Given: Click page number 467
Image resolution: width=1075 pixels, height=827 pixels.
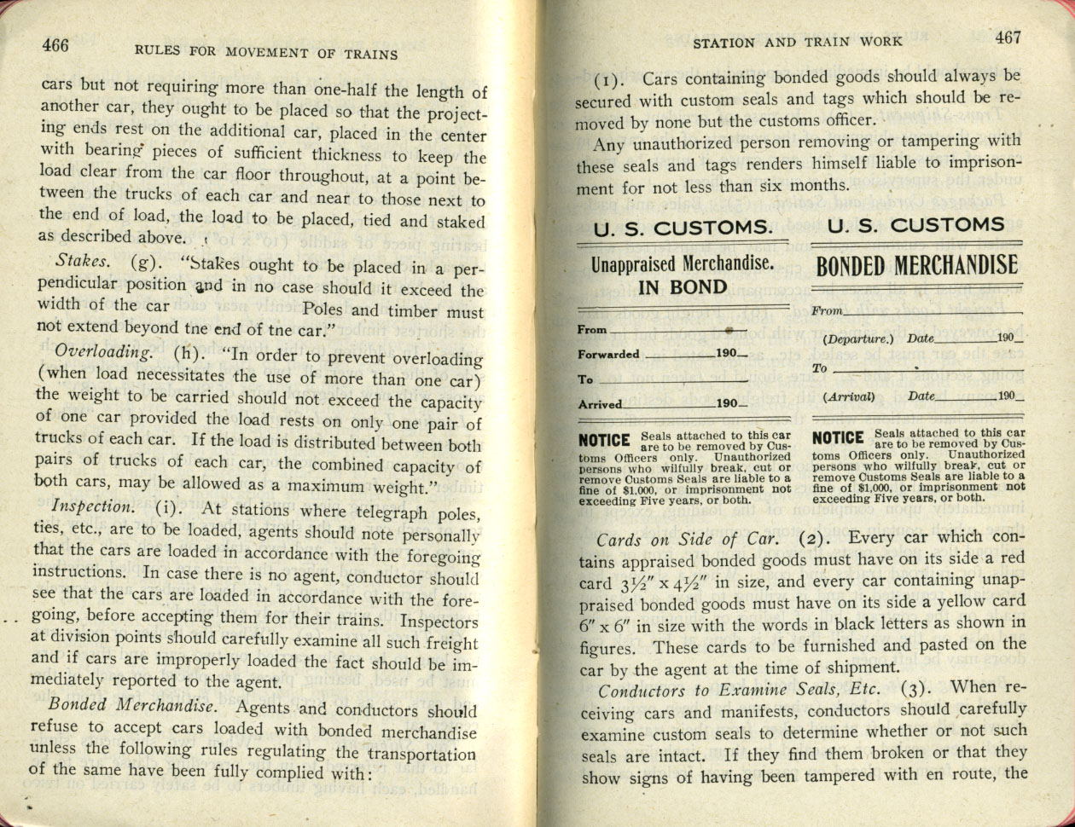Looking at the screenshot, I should click(1008, 38).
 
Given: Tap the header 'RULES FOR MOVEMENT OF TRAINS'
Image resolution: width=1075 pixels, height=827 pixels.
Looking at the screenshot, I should click(266, 54).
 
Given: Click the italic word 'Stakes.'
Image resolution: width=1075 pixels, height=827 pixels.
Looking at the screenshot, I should click(81, 261).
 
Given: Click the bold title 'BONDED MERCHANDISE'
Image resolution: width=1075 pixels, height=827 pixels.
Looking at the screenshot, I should click(916, 266).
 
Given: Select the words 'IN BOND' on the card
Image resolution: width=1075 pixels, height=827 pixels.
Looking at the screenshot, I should click(683, 287).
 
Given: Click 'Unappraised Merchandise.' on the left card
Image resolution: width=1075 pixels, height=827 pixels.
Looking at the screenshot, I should click(683, 264).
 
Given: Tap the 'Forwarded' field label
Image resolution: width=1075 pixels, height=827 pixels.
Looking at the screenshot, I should click(608, 354).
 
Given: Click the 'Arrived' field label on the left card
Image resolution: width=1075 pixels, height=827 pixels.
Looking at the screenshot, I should click(600, 404).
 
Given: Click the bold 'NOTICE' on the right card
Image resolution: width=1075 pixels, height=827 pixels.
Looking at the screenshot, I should click(839, 438).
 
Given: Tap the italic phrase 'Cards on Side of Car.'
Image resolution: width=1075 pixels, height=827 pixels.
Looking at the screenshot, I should click(687, 540).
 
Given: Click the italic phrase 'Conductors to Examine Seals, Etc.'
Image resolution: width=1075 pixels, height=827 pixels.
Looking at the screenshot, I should click(738, 689).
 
